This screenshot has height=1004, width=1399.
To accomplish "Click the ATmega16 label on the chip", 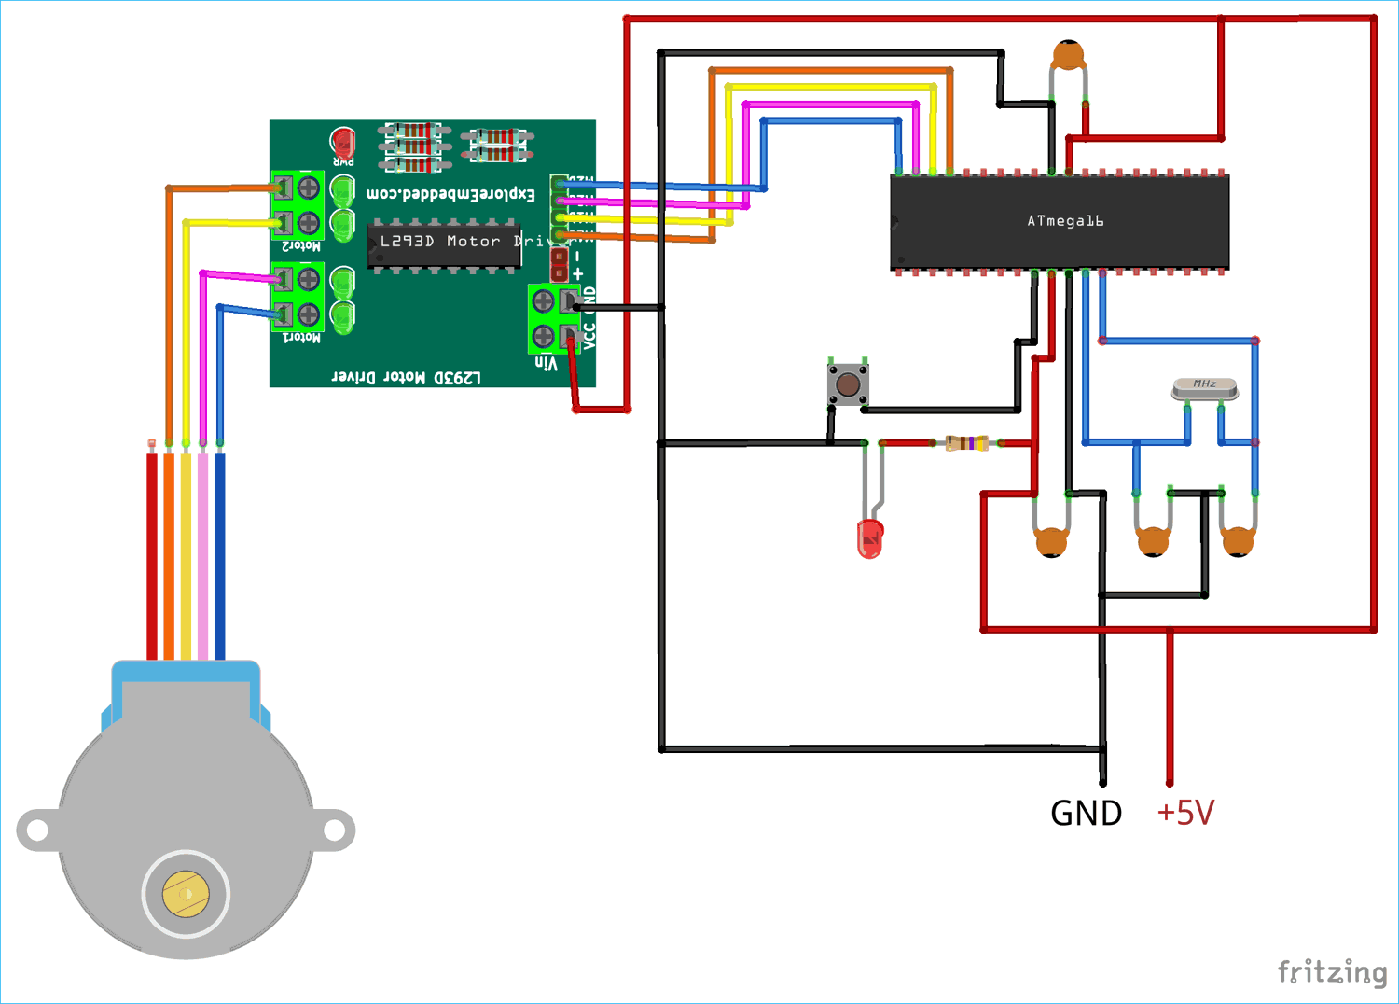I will point(1065,221).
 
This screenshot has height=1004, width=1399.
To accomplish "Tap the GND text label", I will point(1086,814).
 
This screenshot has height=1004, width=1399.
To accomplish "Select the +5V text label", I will point(1185,813).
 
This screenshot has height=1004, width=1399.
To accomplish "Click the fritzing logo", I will point(1332,972).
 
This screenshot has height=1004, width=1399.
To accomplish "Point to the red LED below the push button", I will point(869,538).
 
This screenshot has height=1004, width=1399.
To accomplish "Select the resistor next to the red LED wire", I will point(966,443).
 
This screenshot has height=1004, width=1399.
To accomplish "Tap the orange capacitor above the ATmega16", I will point(1068,56).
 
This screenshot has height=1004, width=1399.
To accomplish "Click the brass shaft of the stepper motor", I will point(186,894).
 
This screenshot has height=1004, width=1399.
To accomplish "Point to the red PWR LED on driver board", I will point(343,142).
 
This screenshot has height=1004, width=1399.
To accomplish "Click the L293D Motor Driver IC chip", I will point(444,244).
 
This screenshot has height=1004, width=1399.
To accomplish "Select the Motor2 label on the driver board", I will point(301,246).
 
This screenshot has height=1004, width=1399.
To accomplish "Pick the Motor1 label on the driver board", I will point(301,337).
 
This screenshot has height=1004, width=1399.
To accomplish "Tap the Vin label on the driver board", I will point(546,364).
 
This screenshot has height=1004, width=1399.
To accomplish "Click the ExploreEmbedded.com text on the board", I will point(450,194).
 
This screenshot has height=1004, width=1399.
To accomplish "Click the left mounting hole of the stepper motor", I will point(37,830).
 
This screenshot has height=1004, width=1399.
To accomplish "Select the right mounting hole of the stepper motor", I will point(334,830).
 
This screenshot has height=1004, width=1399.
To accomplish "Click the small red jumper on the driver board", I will point(560,264).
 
